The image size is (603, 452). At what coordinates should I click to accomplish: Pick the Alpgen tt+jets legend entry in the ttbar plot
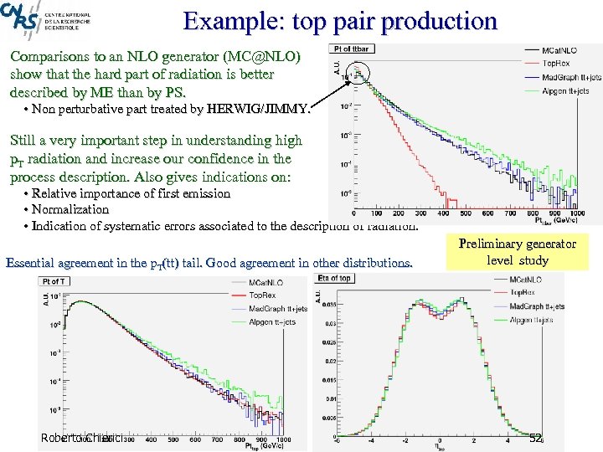point(566,90)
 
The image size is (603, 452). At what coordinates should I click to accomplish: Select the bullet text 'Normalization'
point(72,209)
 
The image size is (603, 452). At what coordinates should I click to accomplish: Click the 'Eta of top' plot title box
point(335,278)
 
